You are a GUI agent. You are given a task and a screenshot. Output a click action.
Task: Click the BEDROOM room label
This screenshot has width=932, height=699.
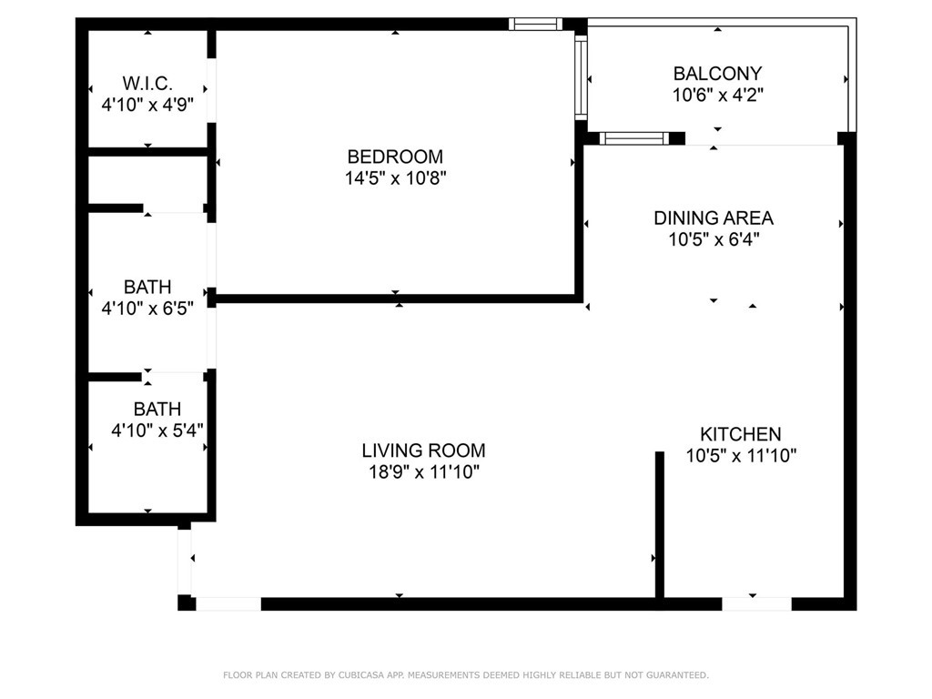(395, 157)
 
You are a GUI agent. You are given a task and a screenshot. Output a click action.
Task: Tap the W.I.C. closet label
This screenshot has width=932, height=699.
(147, 83)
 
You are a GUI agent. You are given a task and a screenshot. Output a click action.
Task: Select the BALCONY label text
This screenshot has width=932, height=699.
(717, 74)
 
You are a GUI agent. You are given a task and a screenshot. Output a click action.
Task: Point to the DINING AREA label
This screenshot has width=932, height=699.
(714, 218)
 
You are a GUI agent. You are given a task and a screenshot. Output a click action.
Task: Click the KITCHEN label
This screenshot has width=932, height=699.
(741, 434)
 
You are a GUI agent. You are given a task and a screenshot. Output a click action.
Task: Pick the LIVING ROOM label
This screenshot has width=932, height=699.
(424, 451)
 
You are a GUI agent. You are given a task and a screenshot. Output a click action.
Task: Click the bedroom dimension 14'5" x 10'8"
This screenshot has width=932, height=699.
(395, 177)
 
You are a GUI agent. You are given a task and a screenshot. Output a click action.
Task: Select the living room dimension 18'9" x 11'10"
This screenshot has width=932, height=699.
(424, 472)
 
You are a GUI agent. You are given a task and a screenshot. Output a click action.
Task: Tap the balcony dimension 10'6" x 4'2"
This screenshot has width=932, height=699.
(717, 95)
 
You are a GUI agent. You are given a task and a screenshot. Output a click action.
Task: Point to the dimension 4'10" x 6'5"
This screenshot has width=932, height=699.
(147, 308)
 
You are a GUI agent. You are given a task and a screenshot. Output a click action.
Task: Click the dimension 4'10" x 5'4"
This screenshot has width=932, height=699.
(157, 430)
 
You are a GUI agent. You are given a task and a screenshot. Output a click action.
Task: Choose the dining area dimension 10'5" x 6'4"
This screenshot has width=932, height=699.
(714, 239)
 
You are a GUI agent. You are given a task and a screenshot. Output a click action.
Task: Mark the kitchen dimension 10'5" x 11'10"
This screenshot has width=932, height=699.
(741, 455)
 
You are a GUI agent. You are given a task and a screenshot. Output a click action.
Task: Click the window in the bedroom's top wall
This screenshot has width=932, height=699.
(535, 24)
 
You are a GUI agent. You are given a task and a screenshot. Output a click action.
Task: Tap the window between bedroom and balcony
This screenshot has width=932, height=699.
(581, 77)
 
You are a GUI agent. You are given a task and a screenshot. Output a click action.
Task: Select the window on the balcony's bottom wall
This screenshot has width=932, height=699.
(634, 138)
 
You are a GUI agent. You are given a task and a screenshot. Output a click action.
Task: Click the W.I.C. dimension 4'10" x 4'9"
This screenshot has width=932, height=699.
(147, 105)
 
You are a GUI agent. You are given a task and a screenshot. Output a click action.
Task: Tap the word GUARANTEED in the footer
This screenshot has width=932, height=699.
(677, 675)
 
